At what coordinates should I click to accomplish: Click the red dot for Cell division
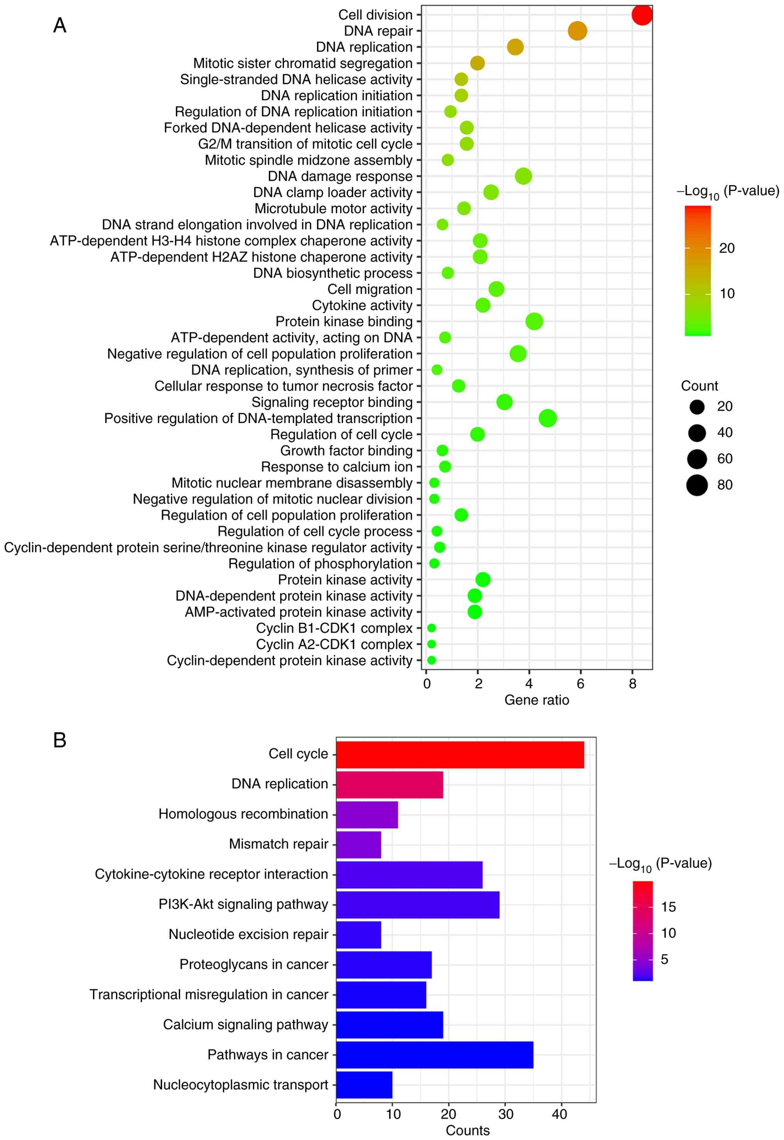[642, 15]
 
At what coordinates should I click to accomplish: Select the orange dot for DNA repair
[577, 31]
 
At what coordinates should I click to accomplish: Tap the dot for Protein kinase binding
[534, 321]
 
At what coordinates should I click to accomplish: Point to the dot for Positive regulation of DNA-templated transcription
[548, 418]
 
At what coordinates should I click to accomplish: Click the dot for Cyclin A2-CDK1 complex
[431, 644]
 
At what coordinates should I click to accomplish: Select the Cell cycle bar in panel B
[460, 754]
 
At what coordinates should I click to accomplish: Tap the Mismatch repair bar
[358, 845]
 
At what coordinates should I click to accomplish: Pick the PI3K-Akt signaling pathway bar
[417, 905]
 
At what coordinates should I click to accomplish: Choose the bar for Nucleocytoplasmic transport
[364, 1084]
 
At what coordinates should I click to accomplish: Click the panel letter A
[59, 25]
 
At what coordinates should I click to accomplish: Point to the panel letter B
[59, 740]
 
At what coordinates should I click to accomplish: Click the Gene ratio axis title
[536, 700]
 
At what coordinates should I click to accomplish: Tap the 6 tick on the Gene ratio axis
[581, 683]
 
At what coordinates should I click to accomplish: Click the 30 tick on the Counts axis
[505, 1114]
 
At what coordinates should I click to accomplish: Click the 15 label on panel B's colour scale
[669, 907]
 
